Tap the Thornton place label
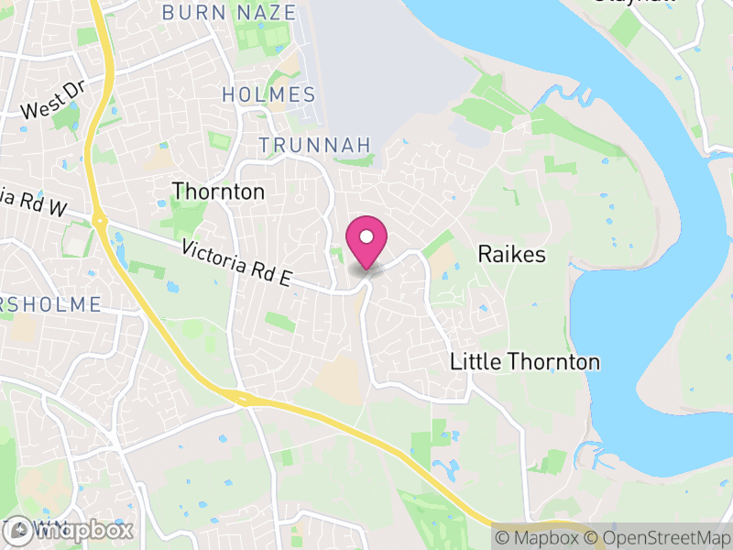[218, 192]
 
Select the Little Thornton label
[525, 362]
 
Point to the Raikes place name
[511, 254]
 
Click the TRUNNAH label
[314, 145]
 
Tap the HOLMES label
[269, 94]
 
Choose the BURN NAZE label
[229, 13]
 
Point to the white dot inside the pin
[366, 235]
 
